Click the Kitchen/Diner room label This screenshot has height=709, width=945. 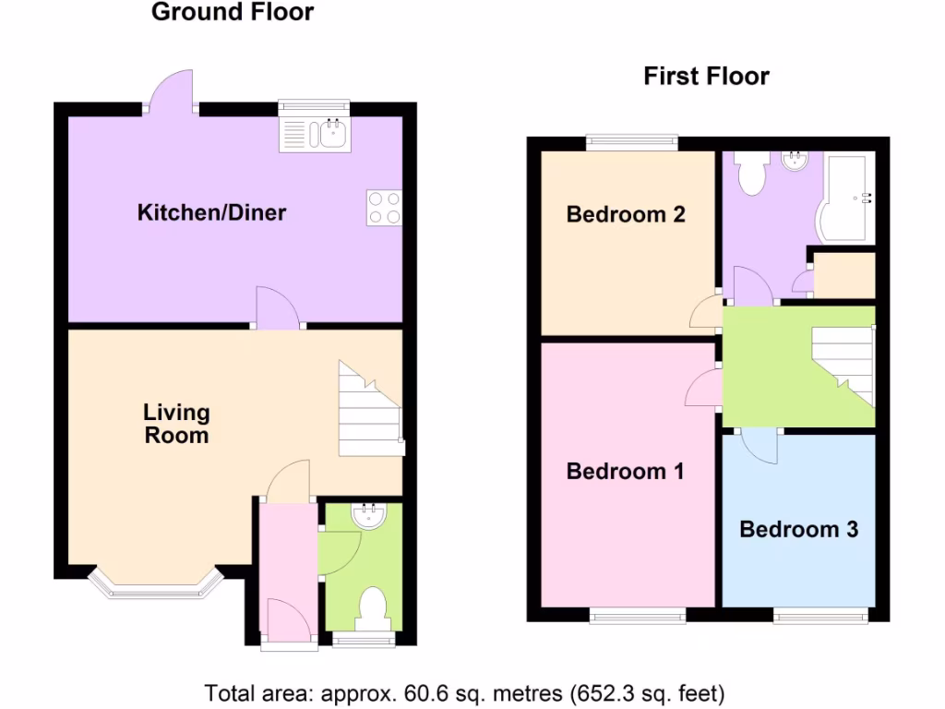pos(211,213)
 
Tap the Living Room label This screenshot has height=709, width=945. pos(176,424)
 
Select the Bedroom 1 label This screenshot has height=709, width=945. pos(625,472)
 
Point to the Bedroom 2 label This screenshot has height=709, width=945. pos(625,215)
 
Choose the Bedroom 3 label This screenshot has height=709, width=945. pos(798,529)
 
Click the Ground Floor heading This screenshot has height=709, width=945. pos(232,13)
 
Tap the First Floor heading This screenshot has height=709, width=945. pos(706,77)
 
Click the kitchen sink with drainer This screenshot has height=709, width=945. pos(314,134)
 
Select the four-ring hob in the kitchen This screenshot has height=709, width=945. pos(384,207)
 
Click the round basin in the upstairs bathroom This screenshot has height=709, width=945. pos(794,162)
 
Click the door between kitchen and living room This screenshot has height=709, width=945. pos(278,309)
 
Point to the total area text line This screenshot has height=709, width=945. pos(465,692)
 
